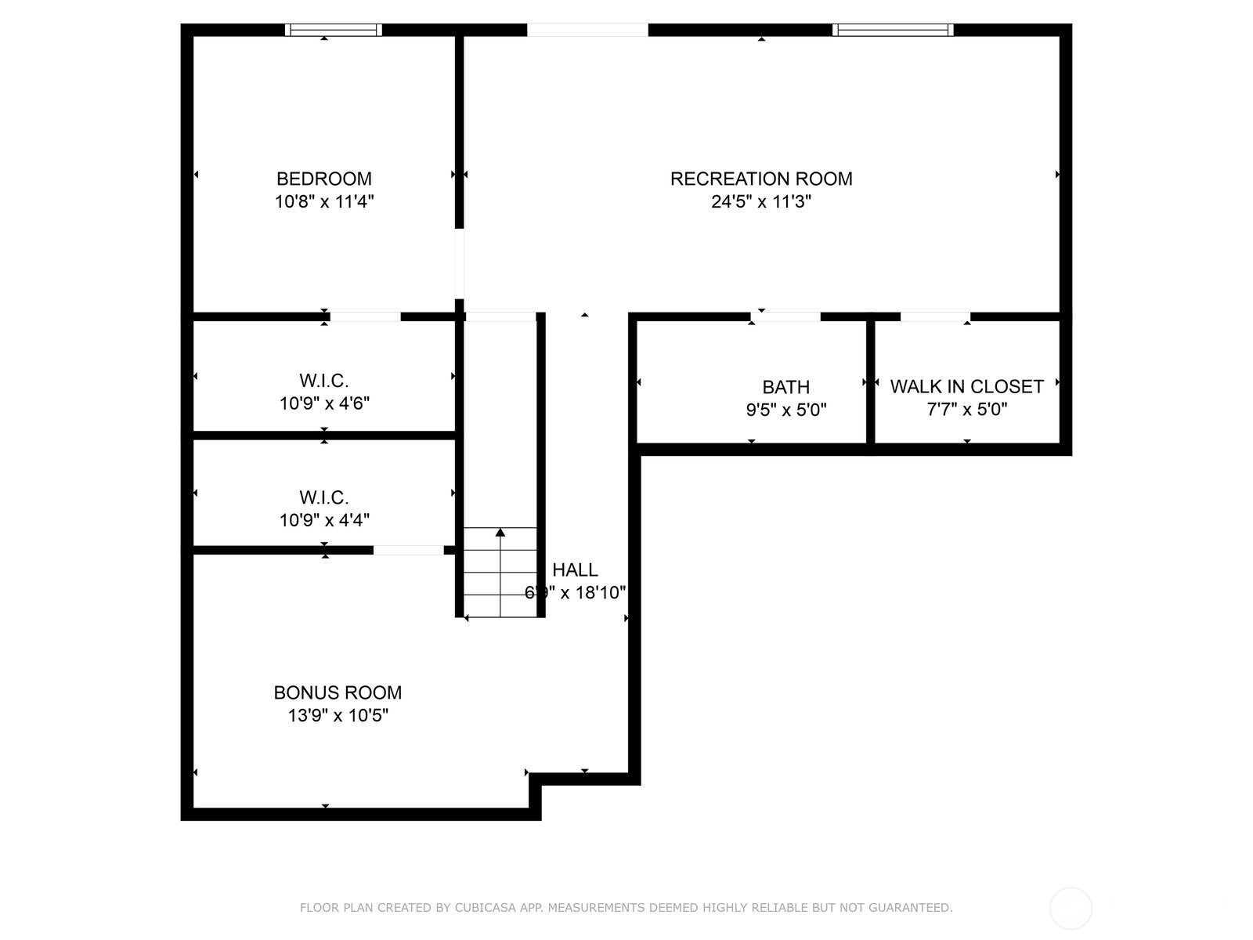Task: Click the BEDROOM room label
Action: point(323,179)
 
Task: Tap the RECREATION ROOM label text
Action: point(760,179)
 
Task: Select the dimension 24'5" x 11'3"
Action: point(760,202)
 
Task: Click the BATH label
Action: point(785,387)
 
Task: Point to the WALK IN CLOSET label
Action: point(966,387)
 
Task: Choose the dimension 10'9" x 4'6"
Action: point(324,404)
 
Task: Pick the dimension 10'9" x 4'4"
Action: point(324,520)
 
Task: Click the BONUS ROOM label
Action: point(338,692)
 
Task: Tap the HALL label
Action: point(575,570)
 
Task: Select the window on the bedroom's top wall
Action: point(334,30)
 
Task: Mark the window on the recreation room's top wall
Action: point(893,30)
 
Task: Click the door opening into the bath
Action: point(785,316)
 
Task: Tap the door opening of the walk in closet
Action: point(935,316)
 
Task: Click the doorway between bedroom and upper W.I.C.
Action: point(365,316)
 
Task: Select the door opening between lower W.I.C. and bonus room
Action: point(408,550)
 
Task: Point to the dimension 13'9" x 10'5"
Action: point(338,715)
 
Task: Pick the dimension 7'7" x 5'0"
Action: point(966,410)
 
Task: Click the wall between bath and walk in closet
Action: point(870,384)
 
